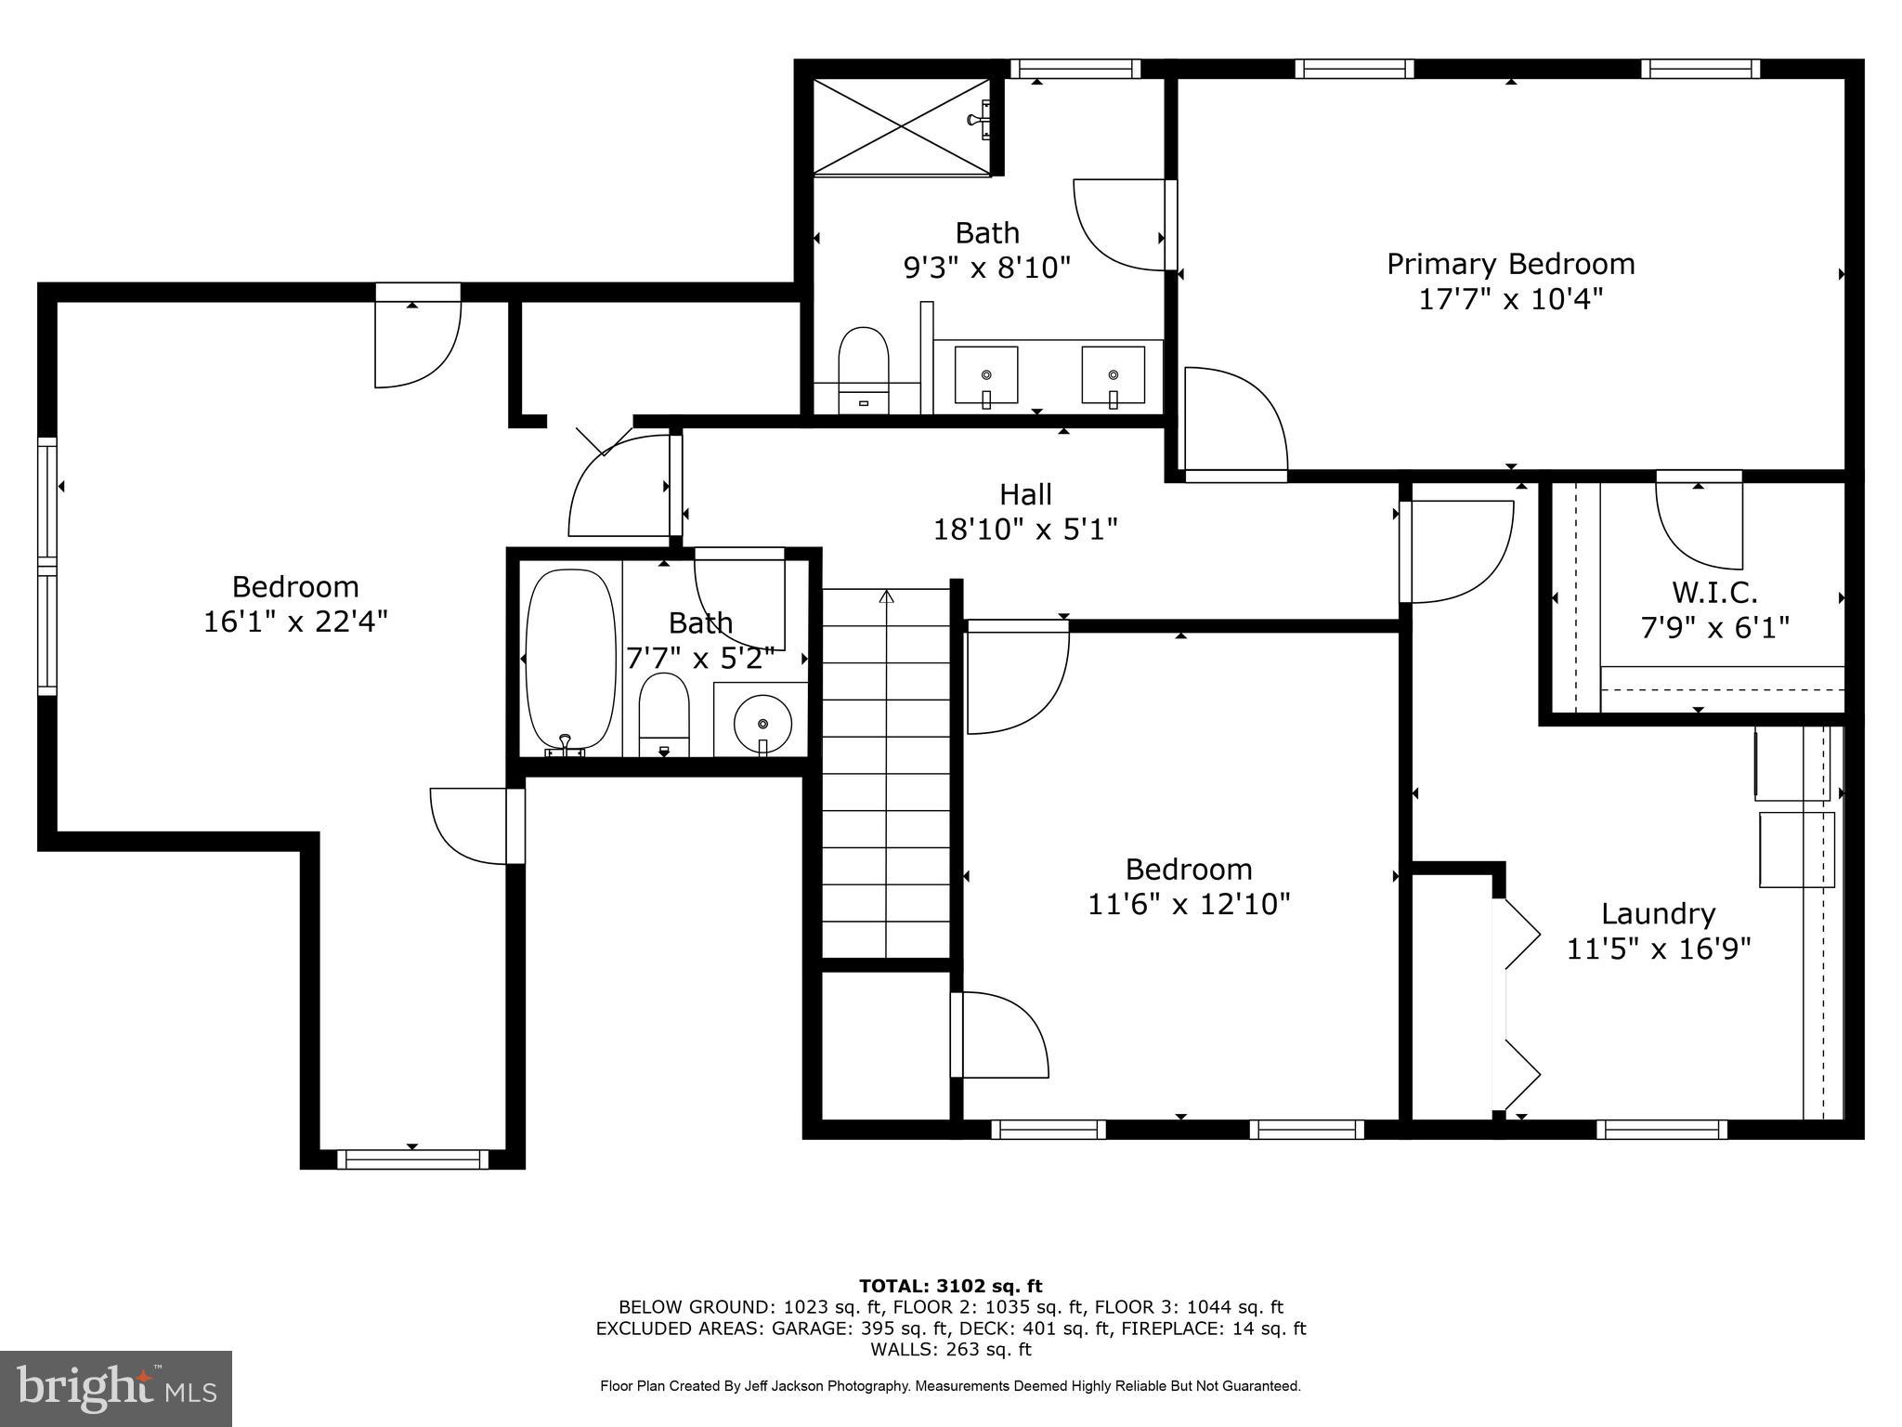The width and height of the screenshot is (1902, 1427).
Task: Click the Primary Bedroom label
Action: (x=1510, y=264)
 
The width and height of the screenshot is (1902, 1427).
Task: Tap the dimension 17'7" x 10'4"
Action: (x=1510, y=300)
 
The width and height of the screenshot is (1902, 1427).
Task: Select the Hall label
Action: (x=1025, y=493)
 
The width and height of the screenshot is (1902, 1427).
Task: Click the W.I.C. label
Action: (x=1714, y=592)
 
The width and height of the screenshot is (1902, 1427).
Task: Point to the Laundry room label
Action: (x=1658, y=913)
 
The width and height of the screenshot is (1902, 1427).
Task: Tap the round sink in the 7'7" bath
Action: (x=762, y=722)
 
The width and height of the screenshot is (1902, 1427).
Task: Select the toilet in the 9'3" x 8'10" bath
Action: (x=863, y=366)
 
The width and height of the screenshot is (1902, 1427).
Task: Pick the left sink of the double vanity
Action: (x=985, y=375)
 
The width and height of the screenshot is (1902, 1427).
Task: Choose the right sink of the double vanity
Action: (x=1113, y=375)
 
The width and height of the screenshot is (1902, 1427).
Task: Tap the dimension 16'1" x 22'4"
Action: (x=295, y=622)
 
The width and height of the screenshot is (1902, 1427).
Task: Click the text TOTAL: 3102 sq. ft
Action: (x=950, y=1286)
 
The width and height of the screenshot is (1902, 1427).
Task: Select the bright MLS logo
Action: (x=116, y=1388)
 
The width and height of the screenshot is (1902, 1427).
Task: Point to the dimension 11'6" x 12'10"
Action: (x=1189, y=904)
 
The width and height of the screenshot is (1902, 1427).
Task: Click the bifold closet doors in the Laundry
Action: (x=1519, y=1003)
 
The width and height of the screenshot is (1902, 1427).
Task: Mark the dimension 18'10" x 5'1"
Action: (x=1025, y=530)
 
